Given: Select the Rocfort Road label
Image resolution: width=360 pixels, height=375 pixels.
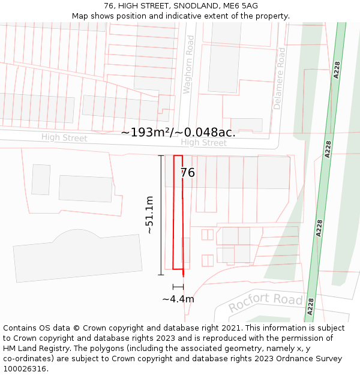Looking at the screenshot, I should [265, 302].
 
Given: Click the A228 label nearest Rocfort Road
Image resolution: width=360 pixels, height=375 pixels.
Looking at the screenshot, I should [310, 306].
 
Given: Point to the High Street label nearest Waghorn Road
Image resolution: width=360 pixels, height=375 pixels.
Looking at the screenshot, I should [203, 143].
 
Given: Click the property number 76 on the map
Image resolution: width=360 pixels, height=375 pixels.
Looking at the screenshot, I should [187, 173].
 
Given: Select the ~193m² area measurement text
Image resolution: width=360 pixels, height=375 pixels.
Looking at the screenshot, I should [178, 132].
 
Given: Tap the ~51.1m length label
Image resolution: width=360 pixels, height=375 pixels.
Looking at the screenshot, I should [149, 215].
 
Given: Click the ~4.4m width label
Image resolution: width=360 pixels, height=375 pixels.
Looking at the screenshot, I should [178, 299].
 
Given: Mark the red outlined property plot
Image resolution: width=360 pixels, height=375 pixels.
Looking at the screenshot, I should [178, 213].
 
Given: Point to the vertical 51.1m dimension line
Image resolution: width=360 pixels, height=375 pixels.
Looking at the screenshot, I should [161, 215].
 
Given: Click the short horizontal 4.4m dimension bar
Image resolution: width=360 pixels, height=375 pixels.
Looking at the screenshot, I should [178, 287].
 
